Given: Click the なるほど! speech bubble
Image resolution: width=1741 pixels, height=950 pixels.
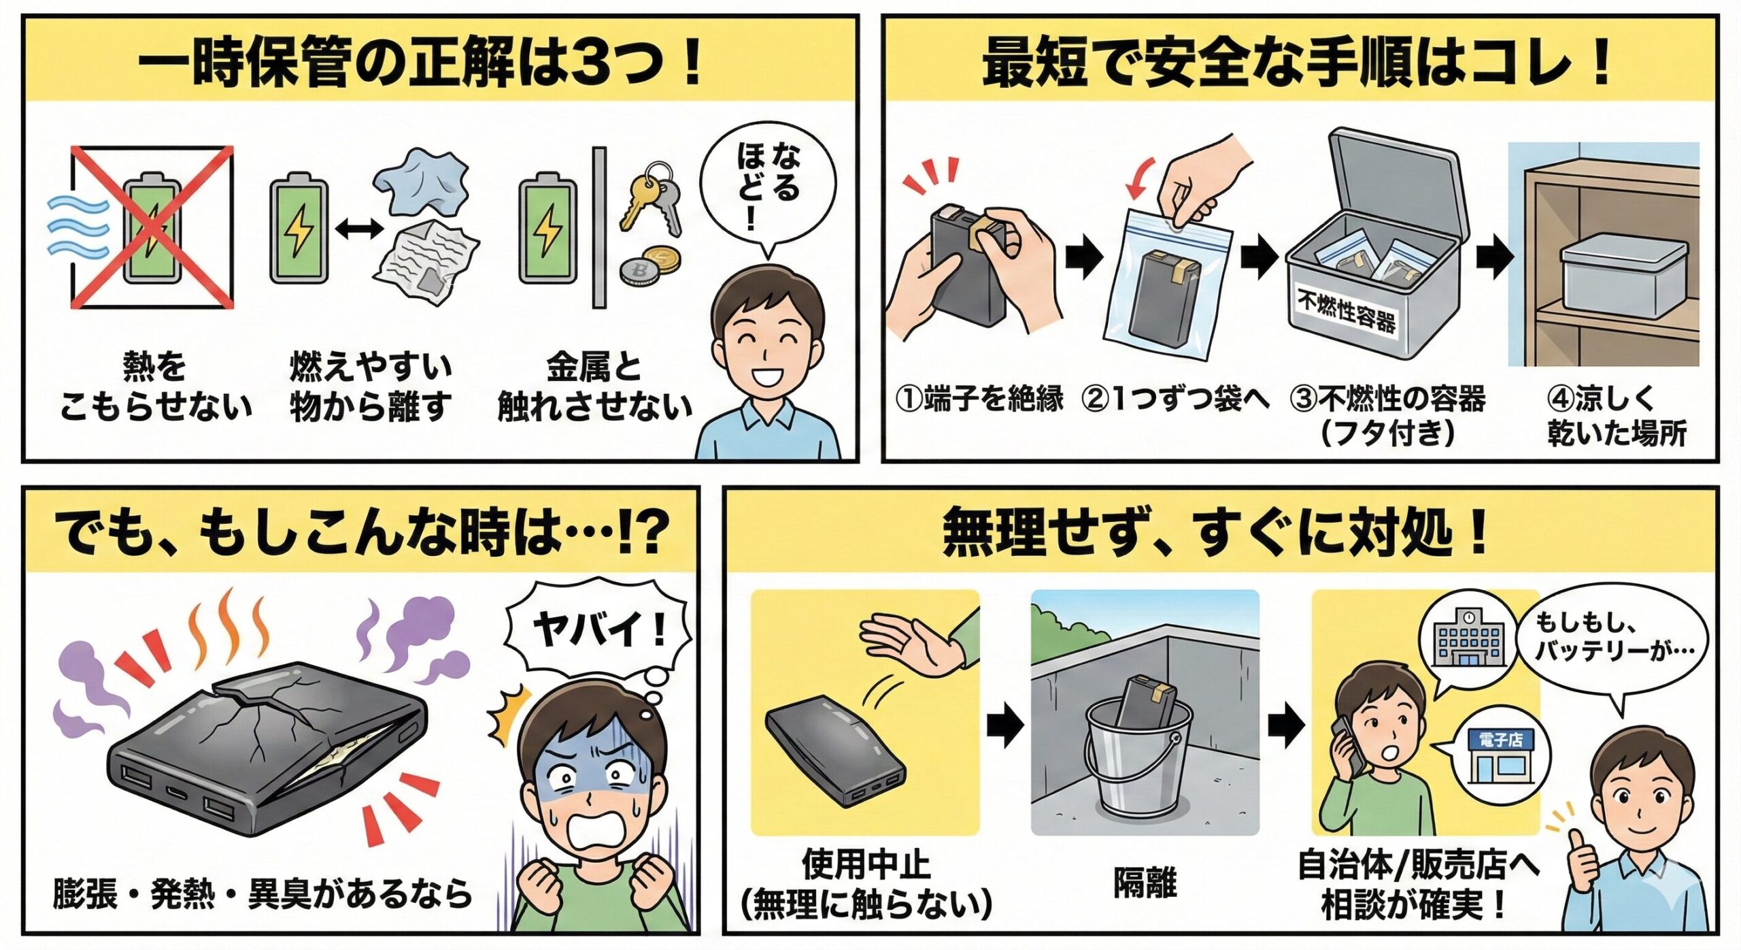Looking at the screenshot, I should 768,187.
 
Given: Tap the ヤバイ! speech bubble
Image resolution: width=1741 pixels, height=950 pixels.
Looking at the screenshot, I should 598,629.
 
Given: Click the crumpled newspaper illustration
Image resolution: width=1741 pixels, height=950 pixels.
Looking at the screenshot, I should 425,262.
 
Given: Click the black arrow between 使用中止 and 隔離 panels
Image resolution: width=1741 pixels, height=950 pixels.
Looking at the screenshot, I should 1004,727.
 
